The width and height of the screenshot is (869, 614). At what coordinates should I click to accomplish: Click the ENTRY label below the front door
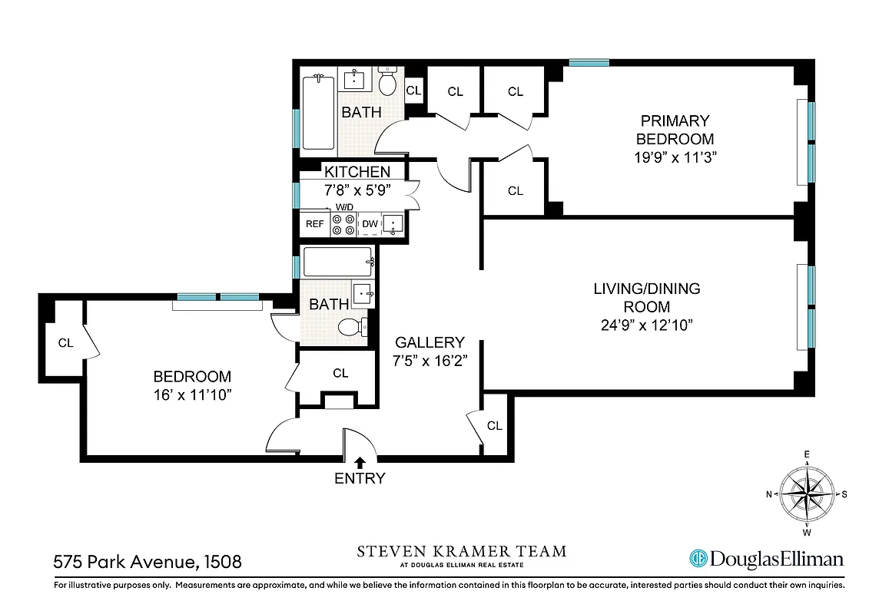(360, 479)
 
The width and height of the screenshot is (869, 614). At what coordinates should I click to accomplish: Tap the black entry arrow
(360, 461)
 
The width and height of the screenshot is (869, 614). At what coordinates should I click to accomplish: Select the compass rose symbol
(807, 493)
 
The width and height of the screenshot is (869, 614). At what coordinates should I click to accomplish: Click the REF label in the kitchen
(314, 224)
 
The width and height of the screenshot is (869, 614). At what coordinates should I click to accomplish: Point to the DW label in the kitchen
(370, 224)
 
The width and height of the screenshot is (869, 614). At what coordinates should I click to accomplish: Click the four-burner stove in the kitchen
(343, 223)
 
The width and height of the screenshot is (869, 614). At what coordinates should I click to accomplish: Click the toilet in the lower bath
(353, 327)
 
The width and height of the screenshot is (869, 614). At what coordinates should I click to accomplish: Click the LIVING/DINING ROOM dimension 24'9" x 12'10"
(647, 325)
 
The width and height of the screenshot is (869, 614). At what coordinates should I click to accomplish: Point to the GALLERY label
(430, 342)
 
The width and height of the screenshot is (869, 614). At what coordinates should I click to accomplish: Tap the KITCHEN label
(357, 172)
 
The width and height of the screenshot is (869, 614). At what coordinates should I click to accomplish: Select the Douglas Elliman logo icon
(698, 559)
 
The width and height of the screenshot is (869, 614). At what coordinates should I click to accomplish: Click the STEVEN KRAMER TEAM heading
(462, 551)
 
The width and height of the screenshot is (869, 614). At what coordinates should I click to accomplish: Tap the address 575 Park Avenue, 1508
(148, 561)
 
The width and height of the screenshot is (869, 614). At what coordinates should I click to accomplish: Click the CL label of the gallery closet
(494, 425)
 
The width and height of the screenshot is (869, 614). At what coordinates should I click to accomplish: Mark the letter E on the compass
(807, 454)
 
